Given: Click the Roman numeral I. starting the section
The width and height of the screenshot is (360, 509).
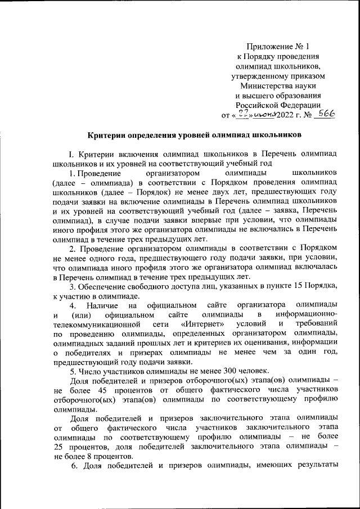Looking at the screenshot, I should (x=71, y=154).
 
